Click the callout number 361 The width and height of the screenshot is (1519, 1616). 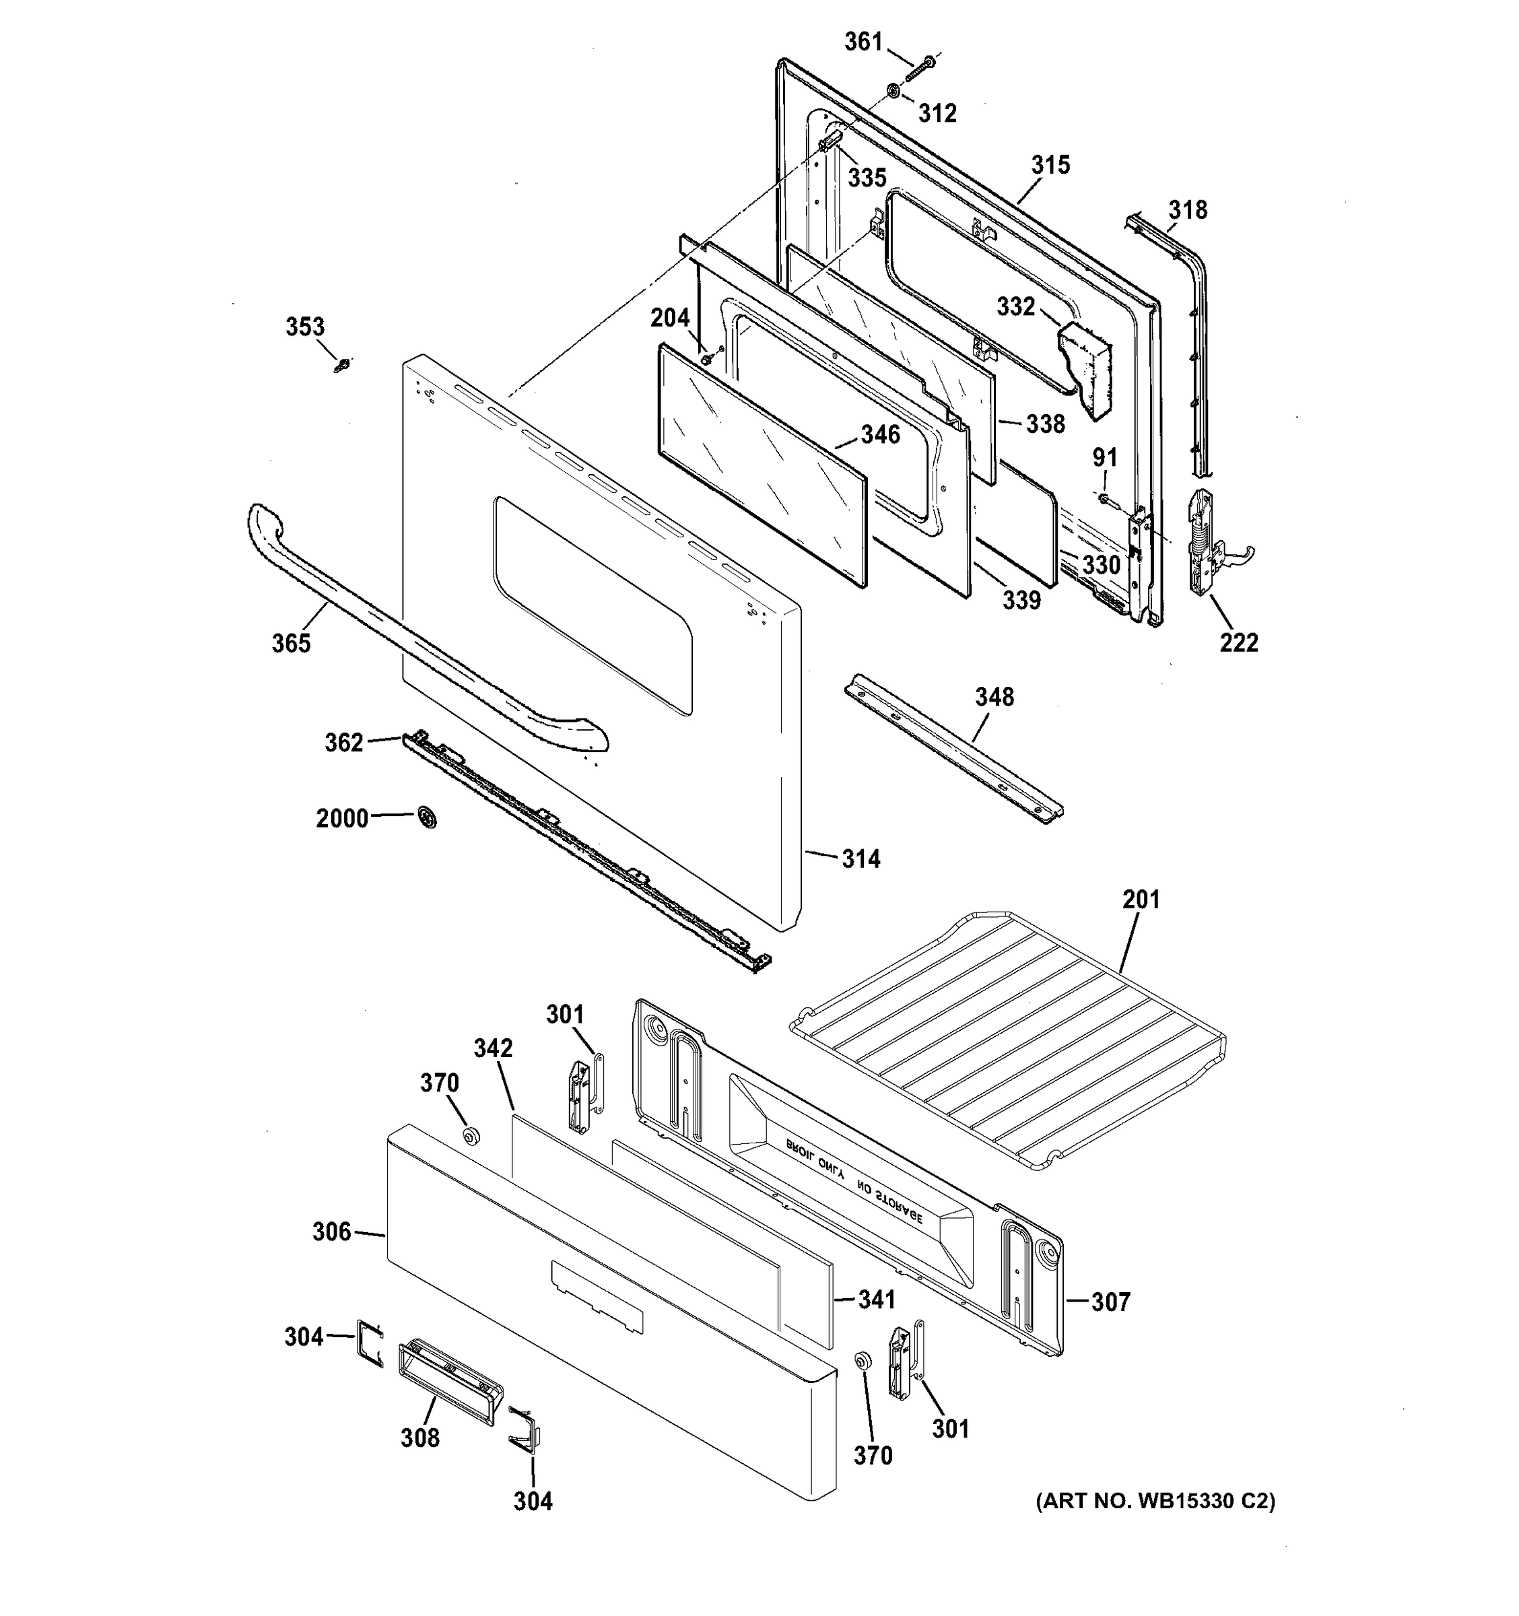(x=863, y=42)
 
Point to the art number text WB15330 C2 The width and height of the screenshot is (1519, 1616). (x=1155, y=1502)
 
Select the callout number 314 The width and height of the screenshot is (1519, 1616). (x=860, y=858)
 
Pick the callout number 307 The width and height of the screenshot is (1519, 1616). (x=1110, y=1302)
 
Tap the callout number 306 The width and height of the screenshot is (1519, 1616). (x=331, y=1232)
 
